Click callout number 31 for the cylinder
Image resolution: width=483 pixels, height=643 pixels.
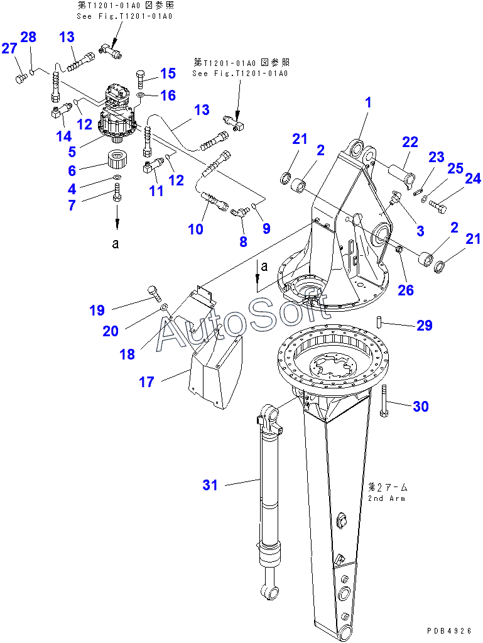click(x=210, y=485)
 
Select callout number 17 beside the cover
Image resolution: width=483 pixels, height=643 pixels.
click(x=146, y=382)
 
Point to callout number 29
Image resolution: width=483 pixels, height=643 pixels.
click(x=425, y=326)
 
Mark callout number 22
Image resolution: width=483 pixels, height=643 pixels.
click(x=410, y=143)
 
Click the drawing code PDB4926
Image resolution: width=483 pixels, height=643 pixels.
click(x=450, y=630)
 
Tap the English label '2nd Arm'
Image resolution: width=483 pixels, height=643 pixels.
click(x=386, y=498)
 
